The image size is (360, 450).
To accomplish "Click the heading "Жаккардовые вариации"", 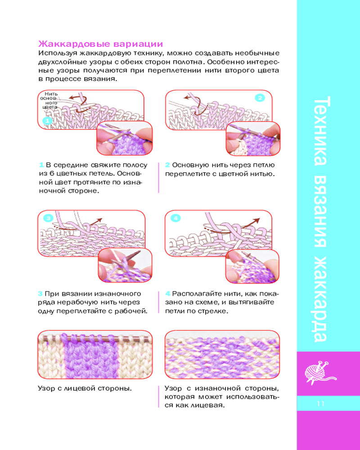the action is [x=101, y=44].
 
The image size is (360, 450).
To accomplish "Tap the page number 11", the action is [x=321, y=404].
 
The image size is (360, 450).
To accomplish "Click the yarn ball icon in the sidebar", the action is [x=320, y=373].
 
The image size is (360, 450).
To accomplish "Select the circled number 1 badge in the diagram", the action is [x=48, y=121].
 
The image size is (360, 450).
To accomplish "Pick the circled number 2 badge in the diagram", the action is [x=260, y=98].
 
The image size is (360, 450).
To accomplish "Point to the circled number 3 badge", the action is [x=49, y=218].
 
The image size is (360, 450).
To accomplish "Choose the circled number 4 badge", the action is [x=176, y=218].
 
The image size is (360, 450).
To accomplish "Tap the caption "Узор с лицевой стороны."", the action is [x=85, y=388].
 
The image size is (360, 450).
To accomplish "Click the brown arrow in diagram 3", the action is [x=95, y=223].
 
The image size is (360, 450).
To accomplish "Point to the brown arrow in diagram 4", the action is [x=249, y=223].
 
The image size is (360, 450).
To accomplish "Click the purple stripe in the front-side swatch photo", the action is [x=90, y=356].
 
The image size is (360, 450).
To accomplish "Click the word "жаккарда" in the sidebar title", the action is [x=321, y=298].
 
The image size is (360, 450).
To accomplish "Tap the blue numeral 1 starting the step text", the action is [x=41, y=165].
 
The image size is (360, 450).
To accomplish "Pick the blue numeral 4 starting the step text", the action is [x=168, y=293].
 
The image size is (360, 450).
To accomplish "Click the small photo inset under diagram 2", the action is [x=253, y=139].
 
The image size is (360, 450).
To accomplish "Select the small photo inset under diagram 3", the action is [x=125, y=265].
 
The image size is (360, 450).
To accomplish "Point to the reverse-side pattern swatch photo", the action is [x=222, y=355].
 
